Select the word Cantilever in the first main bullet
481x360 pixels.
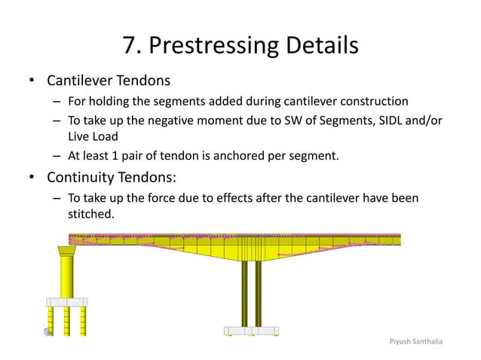79,81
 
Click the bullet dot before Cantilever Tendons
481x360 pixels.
32,81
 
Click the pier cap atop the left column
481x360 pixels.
67,252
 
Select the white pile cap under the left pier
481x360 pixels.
66,301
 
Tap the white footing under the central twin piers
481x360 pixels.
251,331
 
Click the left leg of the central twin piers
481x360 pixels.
244,294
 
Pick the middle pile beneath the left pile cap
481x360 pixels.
66,320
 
